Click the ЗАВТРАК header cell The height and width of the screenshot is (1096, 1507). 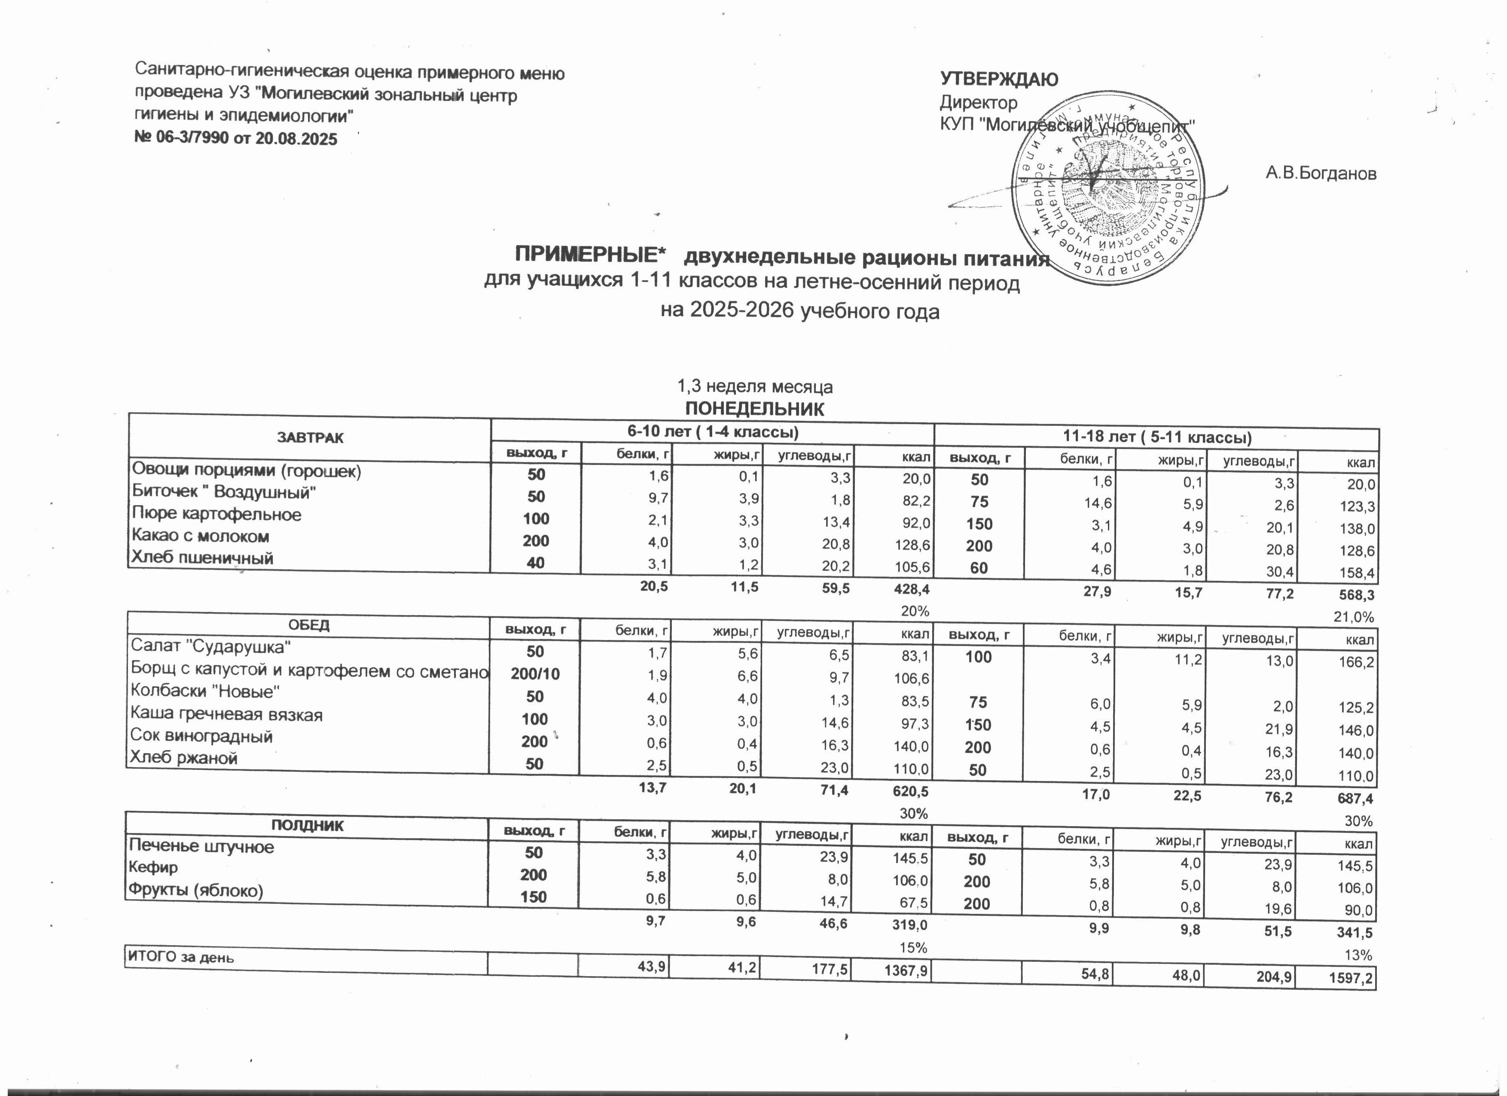[310, 438]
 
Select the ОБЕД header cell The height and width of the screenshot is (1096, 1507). [308, 625]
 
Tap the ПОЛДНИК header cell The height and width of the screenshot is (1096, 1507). [307, 826]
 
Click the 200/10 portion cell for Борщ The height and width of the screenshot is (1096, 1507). [535, 674]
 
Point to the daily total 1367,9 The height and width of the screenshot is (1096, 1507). [905, 972]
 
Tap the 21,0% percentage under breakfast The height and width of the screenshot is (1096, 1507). [1354, 617]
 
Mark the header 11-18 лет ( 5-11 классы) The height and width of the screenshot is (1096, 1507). [1156, 438]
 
